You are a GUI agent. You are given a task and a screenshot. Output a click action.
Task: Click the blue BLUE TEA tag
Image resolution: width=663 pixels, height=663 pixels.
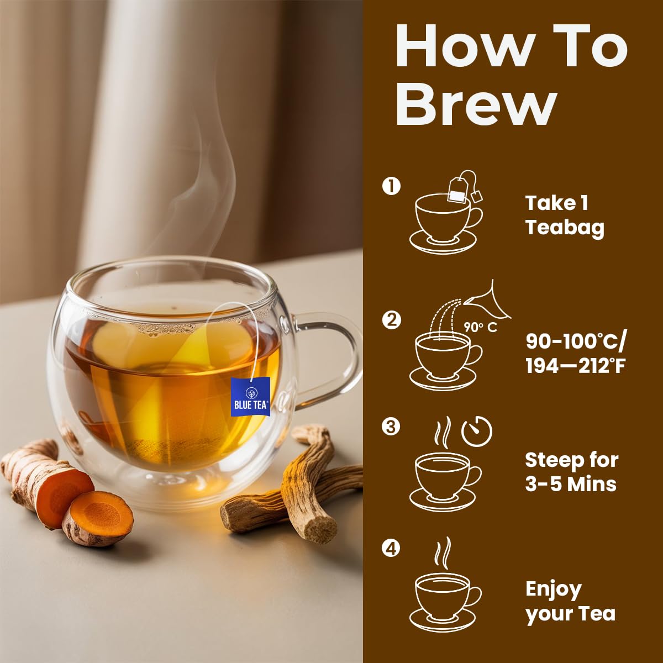(250, 397)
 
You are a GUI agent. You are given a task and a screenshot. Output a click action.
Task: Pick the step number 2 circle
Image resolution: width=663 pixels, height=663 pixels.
(391, 320)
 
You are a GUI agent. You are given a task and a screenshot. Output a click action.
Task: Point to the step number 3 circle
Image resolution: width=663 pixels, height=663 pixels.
(391, 427)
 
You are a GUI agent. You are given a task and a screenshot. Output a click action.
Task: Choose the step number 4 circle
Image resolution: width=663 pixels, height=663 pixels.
(391, 548)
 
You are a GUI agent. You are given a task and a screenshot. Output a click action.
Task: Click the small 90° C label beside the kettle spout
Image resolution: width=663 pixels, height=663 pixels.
(480, 327)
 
